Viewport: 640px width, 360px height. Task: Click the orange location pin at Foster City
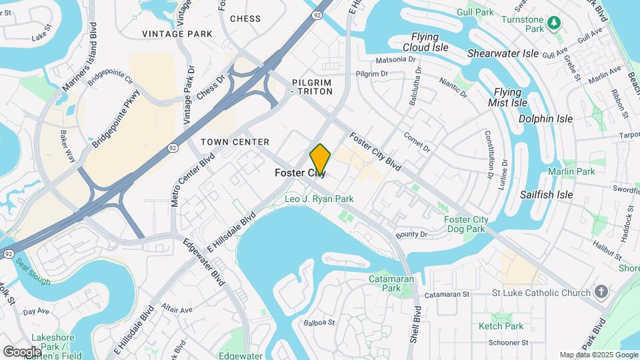(320, 159)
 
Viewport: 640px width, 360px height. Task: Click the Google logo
(21, 351)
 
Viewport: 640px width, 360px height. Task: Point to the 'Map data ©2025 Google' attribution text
(598, 355)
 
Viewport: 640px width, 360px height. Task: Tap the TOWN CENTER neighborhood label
(235, 142)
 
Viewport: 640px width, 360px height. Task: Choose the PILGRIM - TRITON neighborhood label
(320, 87)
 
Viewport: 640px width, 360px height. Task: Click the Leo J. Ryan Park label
(319, 199)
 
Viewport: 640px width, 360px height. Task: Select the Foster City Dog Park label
(466, 224)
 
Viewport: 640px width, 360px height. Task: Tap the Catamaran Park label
(391, 283)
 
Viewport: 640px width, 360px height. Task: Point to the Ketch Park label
(501, 326)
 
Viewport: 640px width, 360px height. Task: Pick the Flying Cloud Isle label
(425, 42)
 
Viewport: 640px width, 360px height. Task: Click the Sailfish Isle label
(546, 195)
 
